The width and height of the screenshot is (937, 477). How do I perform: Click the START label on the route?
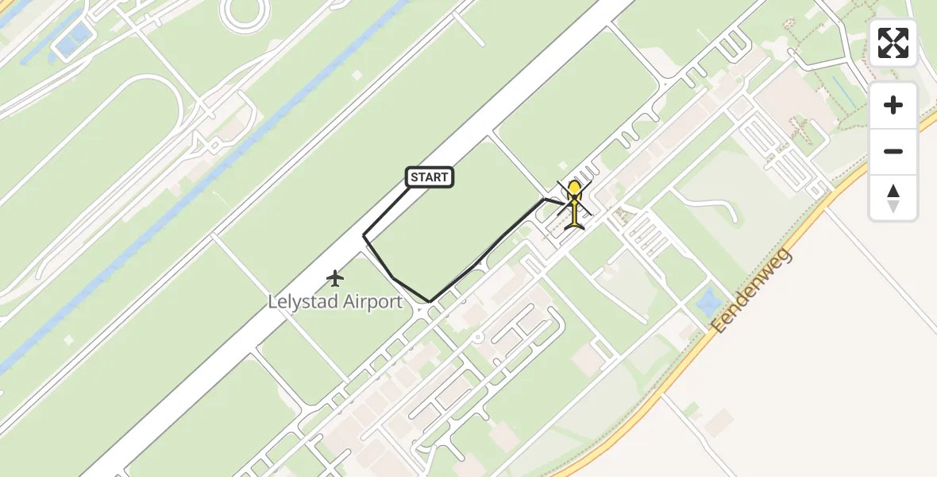coord(430,177)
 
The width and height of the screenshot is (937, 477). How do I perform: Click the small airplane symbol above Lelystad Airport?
coord(336,278)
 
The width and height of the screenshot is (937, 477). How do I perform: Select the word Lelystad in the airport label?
coord(301,302)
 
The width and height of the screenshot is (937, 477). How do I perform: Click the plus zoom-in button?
coord(893,106)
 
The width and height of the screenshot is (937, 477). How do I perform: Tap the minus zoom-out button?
coord(893,151)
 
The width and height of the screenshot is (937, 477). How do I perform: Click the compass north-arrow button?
coord(893,197)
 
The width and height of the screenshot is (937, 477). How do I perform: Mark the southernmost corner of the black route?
coord(430,302)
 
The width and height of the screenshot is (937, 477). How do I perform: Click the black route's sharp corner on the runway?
coord(364,236)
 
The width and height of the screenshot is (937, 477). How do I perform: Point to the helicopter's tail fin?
coord(574,225)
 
